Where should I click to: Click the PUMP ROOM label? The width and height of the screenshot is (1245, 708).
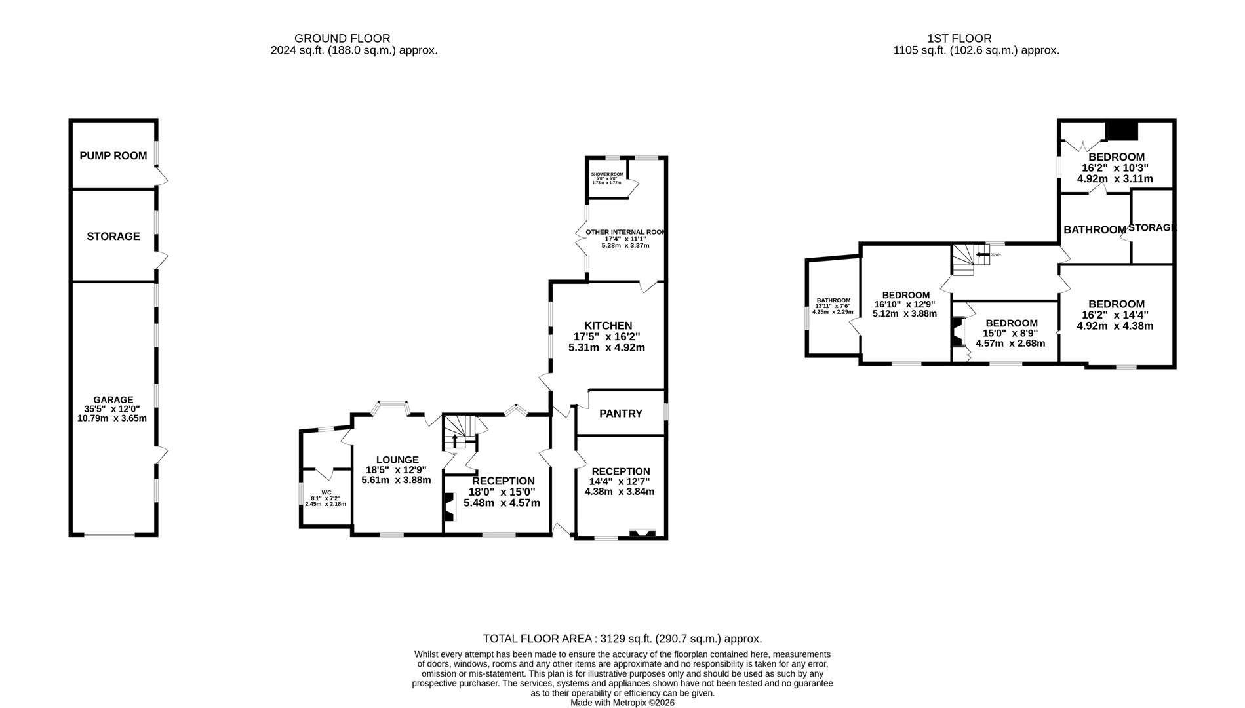[x=113, y=156]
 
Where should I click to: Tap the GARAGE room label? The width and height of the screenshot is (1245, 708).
[x=113, y=399]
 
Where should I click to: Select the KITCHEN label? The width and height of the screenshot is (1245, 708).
[x=608, y=326]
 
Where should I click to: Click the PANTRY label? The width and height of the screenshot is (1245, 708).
[x=620, y=414]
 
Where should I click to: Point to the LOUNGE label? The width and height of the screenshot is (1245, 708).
[x=397, y=460]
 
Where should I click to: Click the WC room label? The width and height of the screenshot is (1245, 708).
[x=326, y=492]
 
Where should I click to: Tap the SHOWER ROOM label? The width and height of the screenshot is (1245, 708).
[x=606, y=174]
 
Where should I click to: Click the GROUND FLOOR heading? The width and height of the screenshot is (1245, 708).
[x=342, y=39]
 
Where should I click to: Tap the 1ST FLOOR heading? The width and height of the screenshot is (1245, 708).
[x=959, y=39]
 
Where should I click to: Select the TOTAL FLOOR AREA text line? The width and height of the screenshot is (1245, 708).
[x=622, y=639]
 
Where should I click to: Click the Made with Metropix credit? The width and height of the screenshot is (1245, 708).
[x=622, y=703]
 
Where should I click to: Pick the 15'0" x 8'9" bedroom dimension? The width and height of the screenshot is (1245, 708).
[x=1010, y=333]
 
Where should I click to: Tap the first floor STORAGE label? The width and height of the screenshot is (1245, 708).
[x=1152, y=227]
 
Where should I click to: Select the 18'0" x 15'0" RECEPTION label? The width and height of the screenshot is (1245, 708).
[x=502, y=492]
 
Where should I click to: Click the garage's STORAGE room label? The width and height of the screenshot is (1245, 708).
[x=113, y=236]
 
